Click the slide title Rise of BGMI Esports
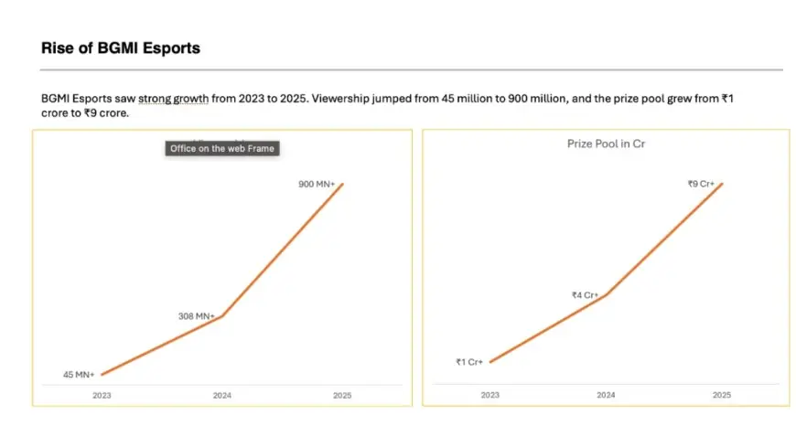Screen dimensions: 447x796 coord(120,48)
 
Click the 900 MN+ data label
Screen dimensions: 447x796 coord(317,185)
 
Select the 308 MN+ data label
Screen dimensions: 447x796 coord(196,316)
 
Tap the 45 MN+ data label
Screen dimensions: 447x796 coord(79,375)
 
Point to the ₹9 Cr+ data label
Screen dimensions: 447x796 coord(702,184)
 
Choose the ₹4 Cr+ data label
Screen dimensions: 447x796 coord(585,295)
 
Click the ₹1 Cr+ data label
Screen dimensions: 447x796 coord(469,362)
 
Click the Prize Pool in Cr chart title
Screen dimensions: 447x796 coord(606,144)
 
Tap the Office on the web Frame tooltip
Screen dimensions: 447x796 coord(221,148)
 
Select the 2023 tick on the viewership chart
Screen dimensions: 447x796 coord(102,396)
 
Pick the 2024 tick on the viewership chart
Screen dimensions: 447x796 coord(221,396)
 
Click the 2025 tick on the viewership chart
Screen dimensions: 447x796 coord(341,396)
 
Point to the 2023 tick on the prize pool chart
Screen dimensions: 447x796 coord(490,396)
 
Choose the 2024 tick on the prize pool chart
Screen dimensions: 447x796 coord(606,396)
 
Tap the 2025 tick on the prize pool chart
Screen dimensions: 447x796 coord(721,396)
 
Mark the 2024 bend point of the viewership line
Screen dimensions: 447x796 coord(222,316)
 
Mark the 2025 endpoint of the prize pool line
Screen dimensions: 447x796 coord(722,184)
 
